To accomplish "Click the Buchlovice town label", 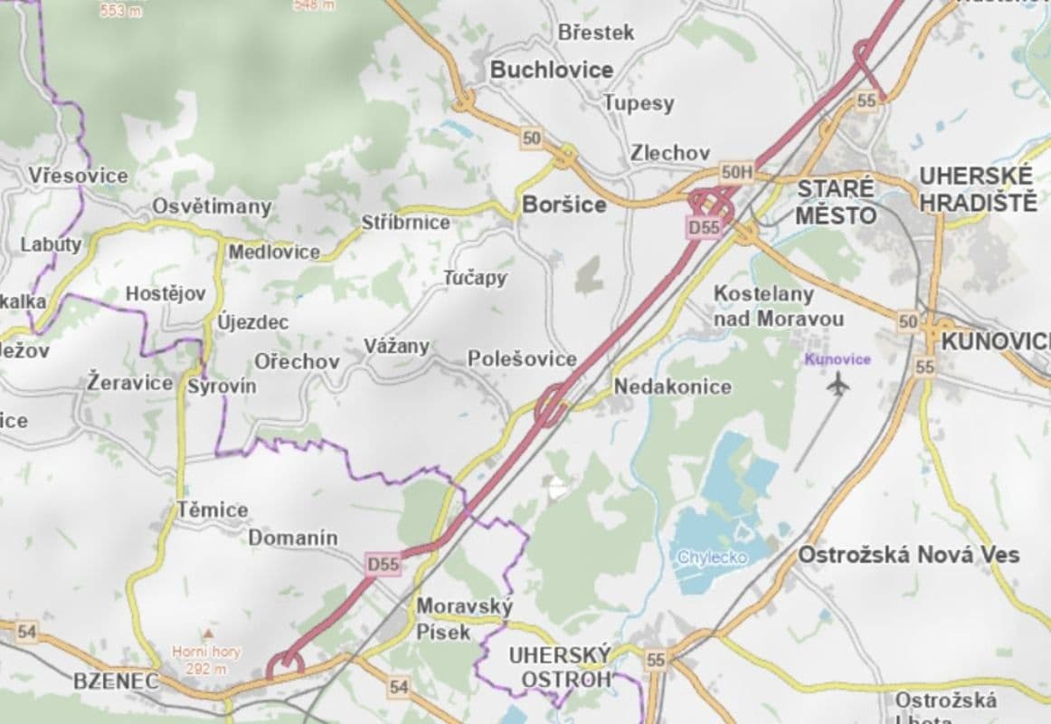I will pos(551,70).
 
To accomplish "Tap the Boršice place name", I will pos(563,205).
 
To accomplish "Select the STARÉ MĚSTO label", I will pos(836,202).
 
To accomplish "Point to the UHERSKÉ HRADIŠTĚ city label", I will pos(977,189).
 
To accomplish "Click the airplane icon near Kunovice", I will pos(838,384).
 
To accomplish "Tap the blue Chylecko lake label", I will pos(713,557).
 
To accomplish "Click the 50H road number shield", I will pos(737,171).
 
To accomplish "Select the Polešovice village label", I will pos(522,359).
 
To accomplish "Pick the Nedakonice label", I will pos(672,386).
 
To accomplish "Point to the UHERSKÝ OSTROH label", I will pos(560,666).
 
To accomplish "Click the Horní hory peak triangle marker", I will pos(208,633).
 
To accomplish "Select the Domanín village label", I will pos(293,538).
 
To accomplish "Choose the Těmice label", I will pos(212,510).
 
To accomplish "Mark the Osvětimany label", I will pos(212,206).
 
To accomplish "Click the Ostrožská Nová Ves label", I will pos(908,555).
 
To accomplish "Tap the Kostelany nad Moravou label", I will pos(778,306).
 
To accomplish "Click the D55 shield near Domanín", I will pos(383,564).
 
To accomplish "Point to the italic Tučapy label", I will pos(475,278).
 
